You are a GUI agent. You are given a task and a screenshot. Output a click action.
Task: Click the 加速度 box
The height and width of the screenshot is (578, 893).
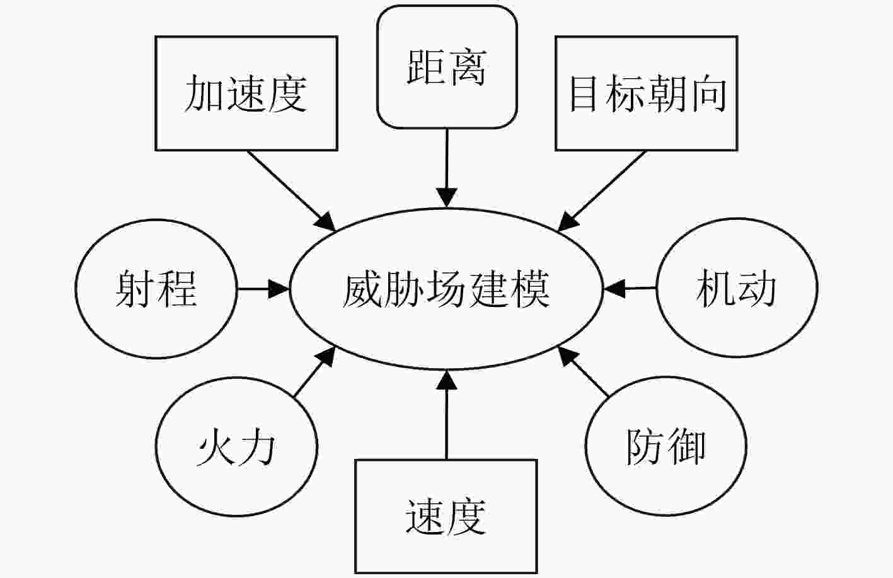tap(246, 93)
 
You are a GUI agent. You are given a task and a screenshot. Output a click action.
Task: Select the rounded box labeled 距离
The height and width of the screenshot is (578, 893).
tap(447, 67)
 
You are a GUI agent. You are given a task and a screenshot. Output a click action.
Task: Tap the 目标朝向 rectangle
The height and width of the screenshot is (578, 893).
tap(647, 93)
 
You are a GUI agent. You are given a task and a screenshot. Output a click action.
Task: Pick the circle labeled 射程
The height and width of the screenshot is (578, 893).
tap(156, 289)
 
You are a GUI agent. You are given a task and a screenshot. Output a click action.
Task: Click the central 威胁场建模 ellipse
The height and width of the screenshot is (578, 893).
tap(446, 289)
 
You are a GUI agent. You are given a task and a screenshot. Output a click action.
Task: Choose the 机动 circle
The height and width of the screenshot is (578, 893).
tap(737, 287)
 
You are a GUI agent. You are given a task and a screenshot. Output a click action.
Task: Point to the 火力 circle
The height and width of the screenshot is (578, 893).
tap(236, 447)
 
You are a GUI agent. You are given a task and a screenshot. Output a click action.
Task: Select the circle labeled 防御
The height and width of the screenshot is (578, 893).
tap(665, 446)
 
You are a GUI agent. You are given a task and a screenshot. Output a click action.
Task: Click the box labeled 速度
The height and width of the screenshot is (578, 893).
tap(446, 516)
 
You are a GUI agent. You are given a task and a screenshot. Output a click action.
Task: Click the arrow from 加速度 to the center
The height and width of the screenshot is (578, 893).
tap(291, 190)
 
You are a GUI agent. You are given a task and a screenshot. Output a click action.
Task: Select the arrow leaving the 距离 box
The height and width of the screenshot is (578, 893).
tap(446, 168)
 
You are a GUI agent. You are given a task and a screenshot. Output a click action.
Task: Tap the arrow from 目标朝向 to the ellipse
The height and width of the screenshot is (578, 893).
tap(601, 191)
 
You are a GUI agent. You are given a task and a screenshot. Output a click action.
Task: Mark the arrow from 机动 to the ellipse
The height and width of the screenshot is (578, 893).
tap(630, 288)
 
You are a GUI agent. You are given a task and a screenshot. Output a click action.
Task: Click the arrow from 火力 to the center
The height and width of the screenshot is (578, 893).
tap(314, 371)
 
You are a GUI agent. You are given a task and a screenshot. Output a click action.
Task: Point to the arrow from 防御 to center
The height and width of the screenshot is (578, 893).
tap(583, 371)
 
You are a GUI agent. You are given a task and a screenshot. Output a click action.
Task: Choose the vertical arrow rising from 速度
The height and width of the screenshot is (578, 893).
tap(446, 415)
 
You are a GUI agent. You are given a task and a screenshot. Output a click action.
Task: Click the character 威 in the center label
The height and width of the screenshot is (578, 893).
tap(362, 289)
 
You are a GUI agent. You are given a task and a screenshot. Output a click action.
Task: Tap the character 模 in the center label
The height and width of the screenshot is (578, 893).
tap(530, 289)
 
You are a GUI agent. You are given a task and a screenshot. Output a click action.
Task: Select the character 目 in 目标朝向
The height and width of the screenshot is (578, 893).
tap(584, 93)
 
